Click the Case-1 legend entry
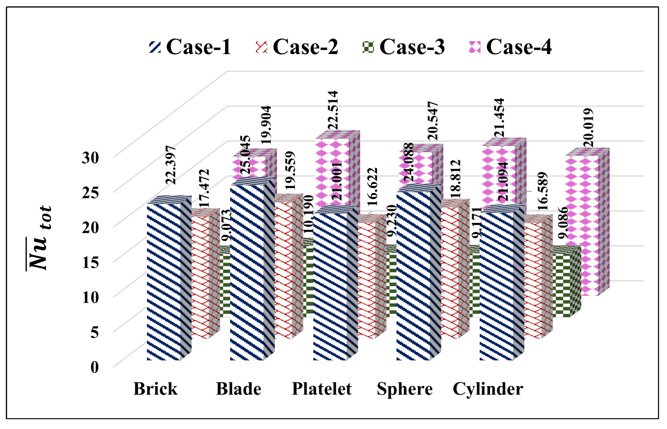tap(190, 47)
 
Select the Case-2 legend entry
tap(297, 47)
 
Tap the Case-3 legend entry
tap(404, 47)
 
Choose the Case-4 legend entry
tap(510, 47)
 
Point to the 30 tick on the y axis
tap(90, 158)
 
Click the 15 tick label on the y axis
tap(90, 262)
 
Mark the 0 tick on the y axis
tap(95, 367)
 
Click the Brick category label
tap(155, 389)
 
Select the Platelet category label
tap(322, 389)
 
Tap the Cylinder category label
tap(488, 389)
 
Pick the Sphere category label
tap(405, 389)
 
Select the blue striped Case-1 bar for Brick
tap(164, 281)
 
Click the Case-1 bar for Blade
tap(247, 273)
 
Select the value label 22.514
tap(333, 110)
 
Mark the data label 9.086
tap(563, 223)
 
